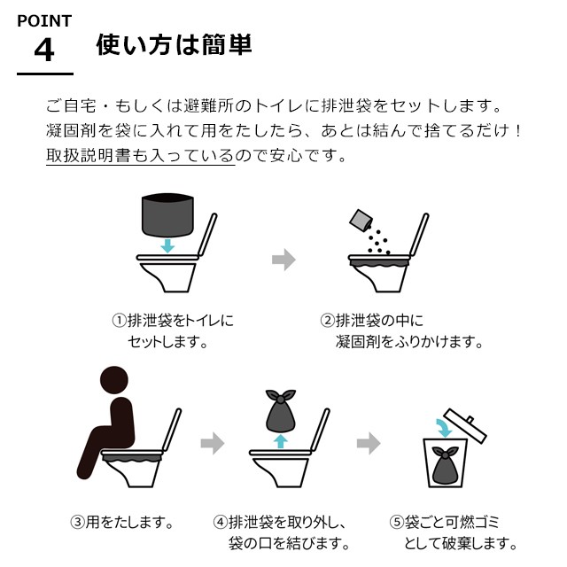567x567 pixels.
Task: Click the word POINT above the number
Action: tap(44, 21)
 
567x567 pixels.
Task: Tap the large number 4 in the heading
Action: tap(44, 50)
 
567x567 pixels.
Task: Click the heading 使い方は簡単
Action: tap(174, 45)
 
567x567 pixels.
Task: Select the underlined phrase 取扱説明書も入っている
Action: tap(140, 156)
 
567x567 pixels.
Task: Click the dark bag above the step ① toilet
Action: tap(167, 214)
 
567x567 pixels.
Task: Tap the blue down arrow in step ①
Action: tap(167, 245)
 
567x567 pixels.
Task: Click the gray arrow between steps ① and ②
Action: tap(283, 260)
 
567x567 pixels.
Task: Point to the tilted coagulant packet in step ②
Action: tap(361, 221)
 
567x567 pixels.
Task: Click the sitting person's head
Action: tap(114, 380)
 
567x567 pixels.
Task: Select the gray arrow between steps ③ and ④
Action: tap(213, 443)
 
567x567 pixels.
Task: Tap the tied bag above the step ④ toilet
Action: tap(281, 411)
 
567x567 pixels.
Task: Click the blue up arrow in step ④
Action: tap(280, 441)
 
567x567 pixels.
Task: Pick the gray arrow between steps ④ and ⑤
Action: tap(369, 443)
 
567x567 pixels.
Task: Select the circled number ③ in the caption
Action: tap(77, 522)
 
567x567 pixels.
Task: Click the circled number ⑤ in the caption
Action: tap(396, 522)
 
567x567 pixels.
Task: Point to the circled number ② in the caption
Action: tap(327, 321)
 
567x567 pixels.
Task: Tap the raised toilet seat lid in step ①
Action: tap(207, 235)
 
